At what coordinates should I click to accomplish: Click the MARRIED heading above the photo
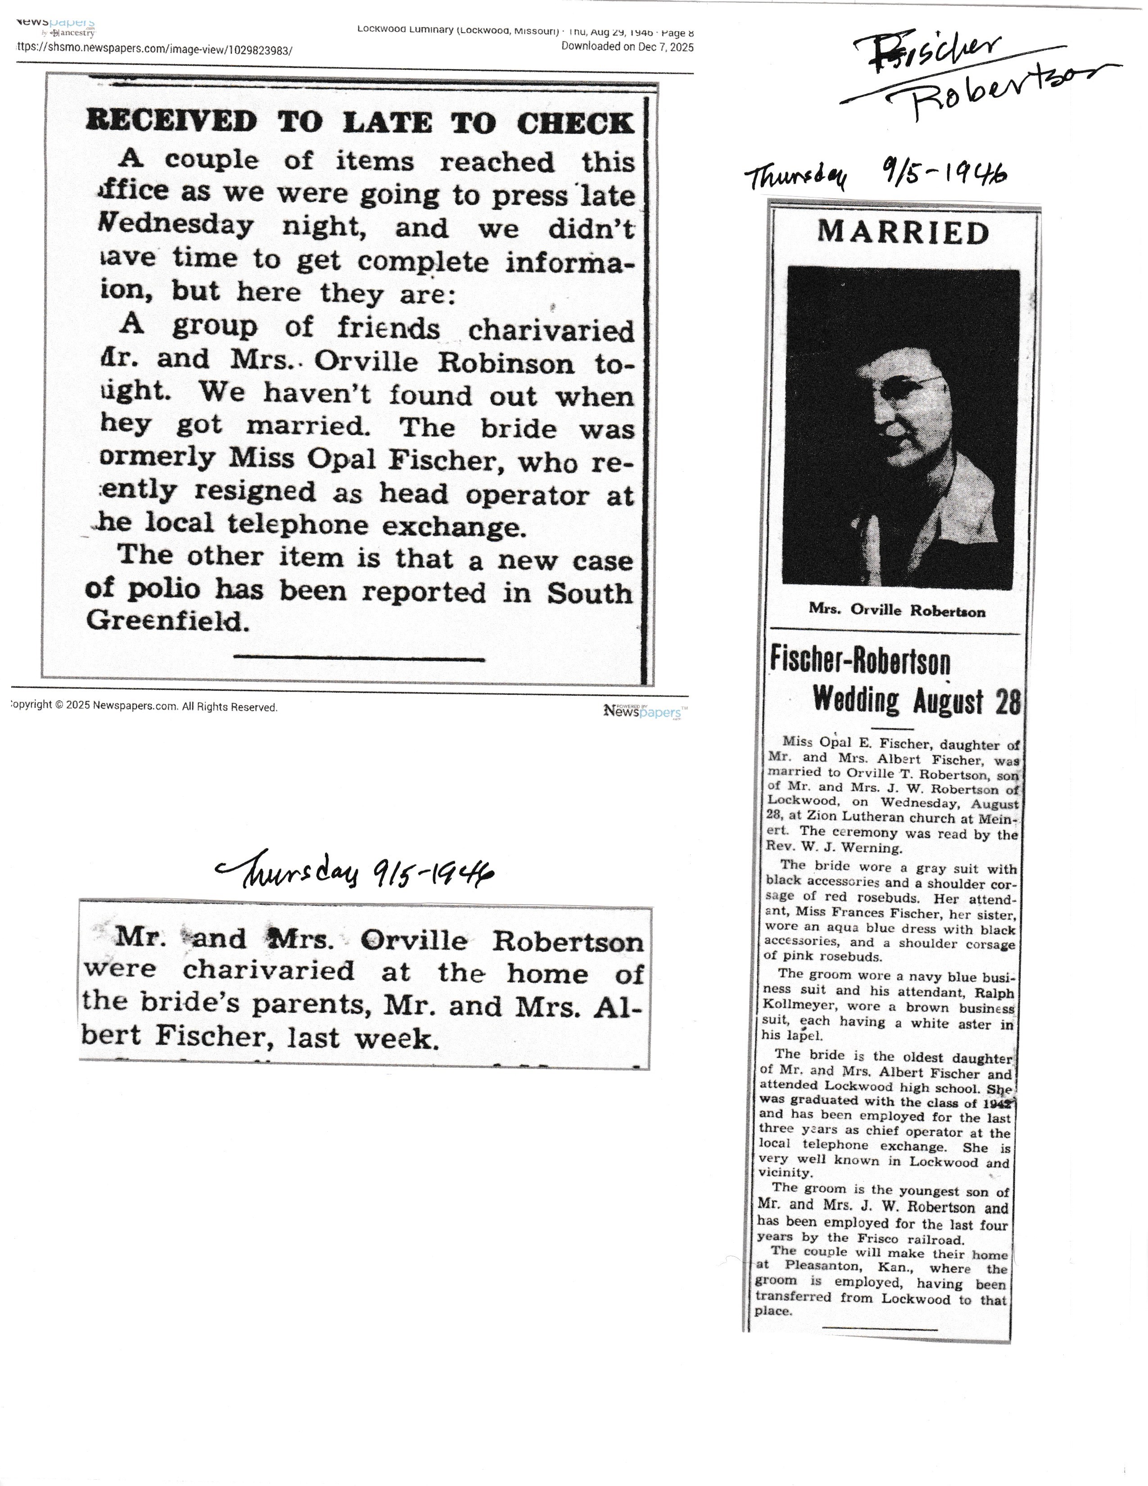[903, 233]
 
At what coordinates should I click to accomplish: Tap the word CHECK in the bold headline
[575, 123]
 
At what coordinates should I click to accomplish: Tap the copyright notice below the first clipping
[144, 707]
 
